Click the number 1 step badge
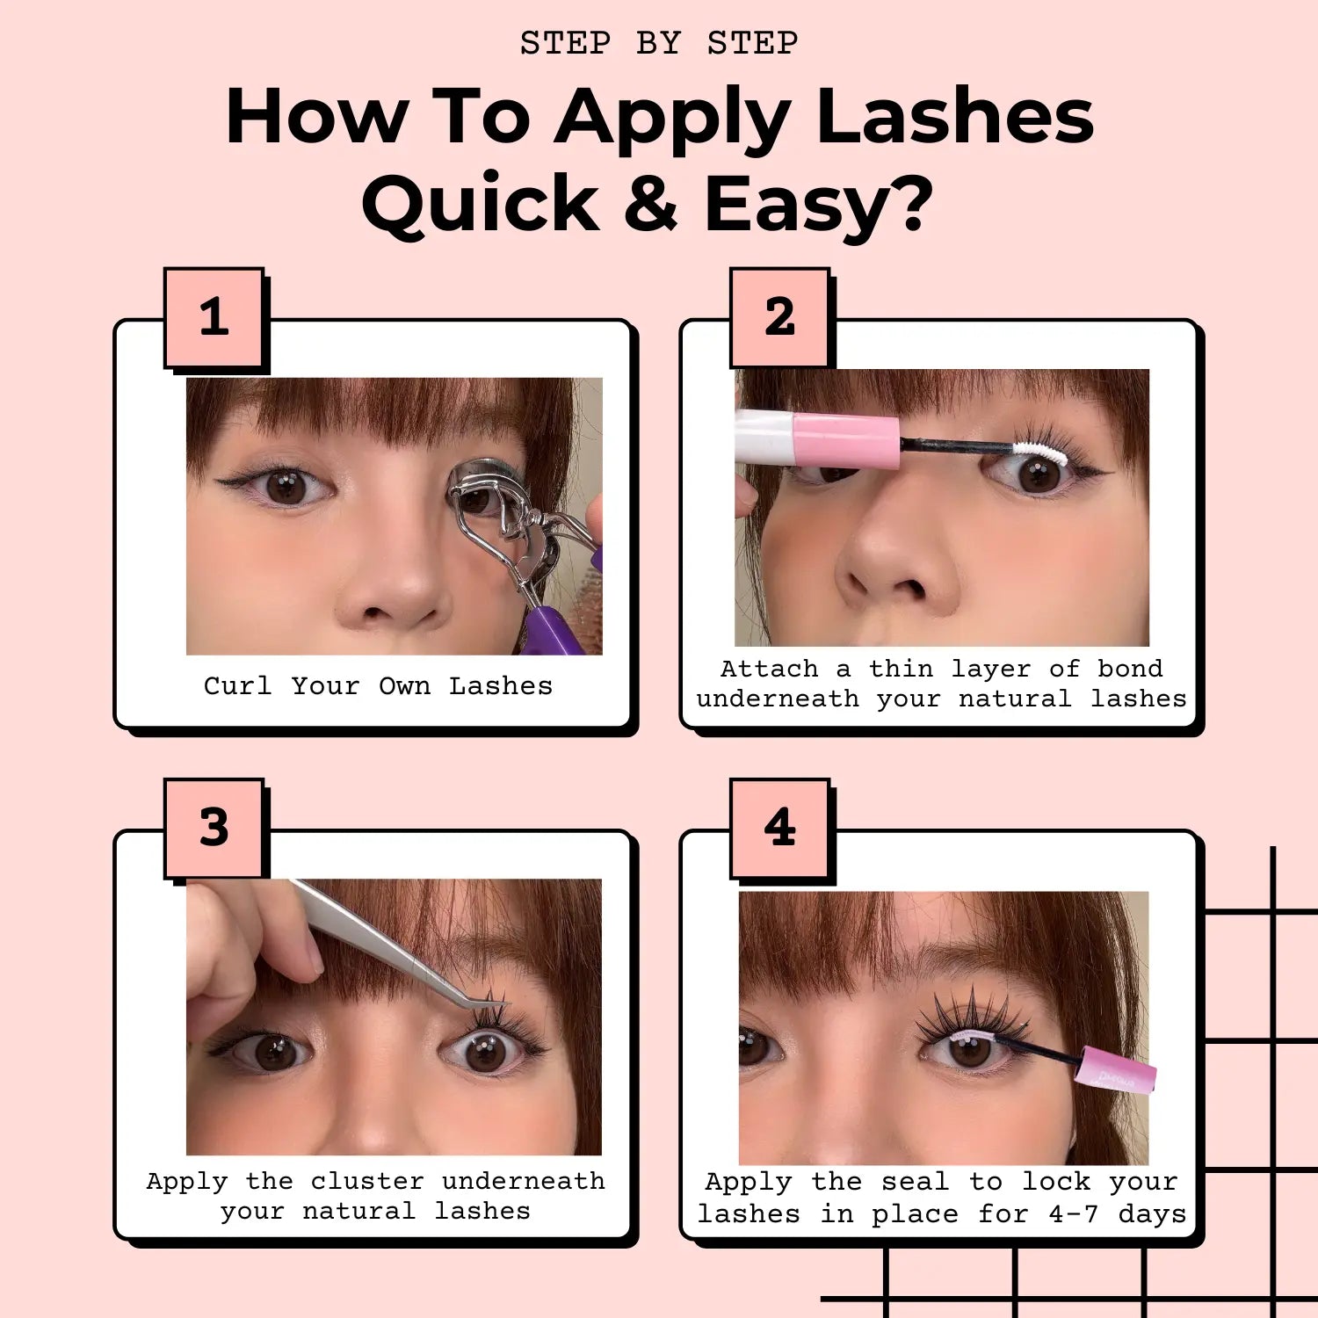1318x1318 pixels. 214,318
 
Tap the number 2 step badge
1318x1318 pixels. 780,318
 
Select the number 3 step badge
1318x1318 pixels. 214,828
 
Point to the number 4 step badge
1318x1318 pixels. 780,828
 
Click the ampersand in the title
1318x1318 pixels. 651,204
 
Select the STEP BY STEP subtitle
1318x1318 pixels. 659,43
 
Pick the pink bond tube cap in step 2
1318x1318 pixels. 845,440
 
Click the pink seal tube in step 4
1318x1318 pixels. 1118,1068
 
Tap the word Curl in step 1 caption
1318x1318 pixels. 237,686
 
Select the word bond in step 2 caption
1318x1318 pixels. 1129,669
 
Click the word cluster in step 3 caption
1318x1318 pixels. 366,1182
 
